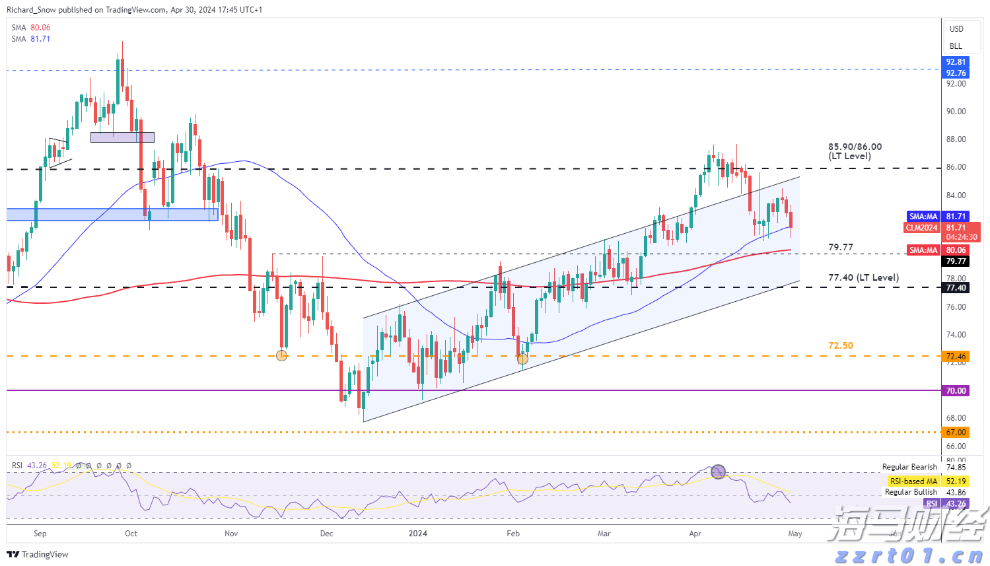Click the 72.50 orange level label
(841, 345)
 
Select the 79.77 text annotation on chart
(841, 247)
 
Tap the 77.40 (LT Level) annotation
(863, 277)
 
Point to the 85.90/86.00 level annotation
(855, 151)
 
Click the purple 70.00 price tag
(956, 391)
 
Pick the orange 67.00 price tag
(956, 433)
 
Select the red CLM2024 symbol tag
(921, 228)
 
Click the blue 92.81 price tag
(956, 62)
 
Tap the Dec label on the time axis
(327, 534)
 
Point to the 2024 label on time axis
(417, 534)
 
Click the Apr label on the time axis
(695, 534)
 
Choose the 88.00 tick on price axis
(956, 139)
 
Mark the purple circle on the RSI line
(719, 472)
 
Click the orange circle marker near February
(522, 359)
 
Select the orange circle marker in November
(281, 355)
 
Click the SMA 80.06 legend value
(40, 28)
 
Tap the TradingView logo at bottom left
(38, 554)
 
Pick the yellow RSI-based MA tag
(913, 481)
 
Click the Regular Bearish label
(909, 467)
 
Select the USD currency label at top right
(956, 29)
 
